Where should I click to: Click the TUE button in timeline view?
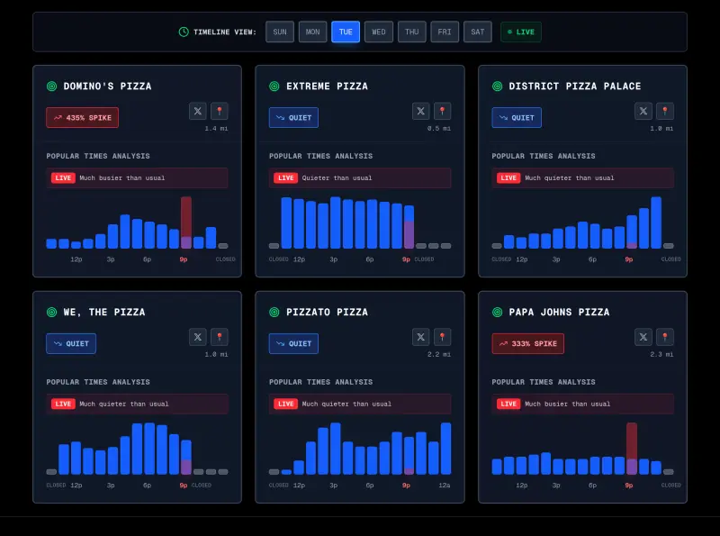(x=346, y=32)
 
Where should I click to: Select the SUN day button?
(x=280, y=32)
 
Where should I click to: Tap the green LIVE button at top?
(x=521, y=32)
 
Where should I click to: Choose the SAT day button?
(x=478, y=32)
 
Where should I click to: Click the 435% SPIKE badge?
(x=83, y=118)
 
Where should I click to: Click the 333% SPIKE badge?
(x=528, y=344)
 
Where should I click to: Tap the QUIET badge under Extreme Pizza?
(x=293, y=118)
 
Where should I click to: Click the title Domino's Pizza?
(x=107, y=86)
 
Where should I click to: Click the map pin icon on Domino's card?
(x=220, y=111)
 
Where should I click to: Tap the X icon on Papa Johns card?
(x=643, y=337)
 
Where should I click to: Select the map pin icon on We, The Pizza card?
(x=220, y=337)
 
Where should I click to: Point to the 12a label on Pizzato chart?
(x=445, y=486)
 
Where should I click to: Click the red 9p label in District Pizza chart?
(x=629, y=259)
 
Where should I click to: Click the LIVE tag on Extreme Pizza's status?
(x=285, y=178)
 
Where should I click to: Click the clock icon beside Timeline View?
(x=184, y=32)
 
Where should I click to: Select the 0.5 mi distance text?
(x=440, y=128)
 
